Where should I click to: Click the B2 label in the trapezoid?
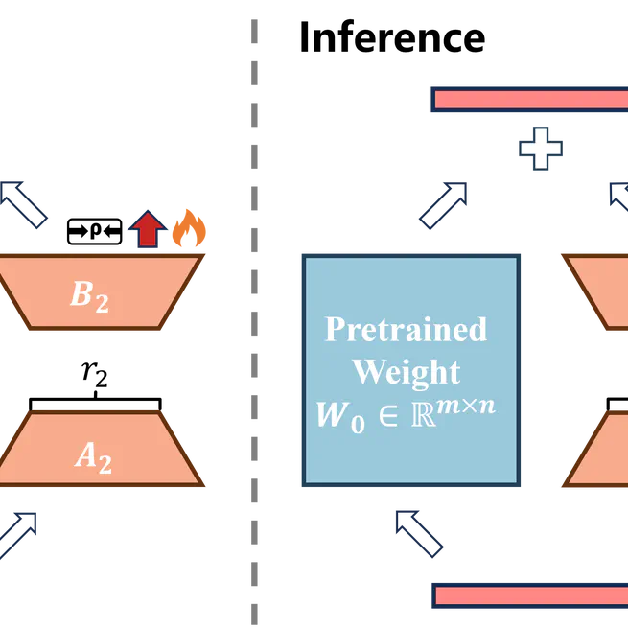(89, 295)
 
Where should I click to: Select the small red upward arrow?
(147, 230)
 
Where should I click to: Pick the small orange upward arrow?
(188, 228)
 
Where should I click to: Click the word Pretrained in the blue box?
(406, 329)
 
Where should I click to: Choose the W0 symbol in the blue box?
(339, 416)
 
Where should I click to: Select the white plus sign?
(540, 150)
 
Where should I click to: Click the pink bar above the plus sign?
(528, 99)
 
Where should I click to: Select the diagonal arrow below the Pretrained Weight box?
(420, 535)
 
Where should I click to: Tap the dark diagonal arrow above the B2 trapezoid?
(29, 207)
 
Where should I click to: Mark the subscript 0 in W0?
(357, 424)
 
